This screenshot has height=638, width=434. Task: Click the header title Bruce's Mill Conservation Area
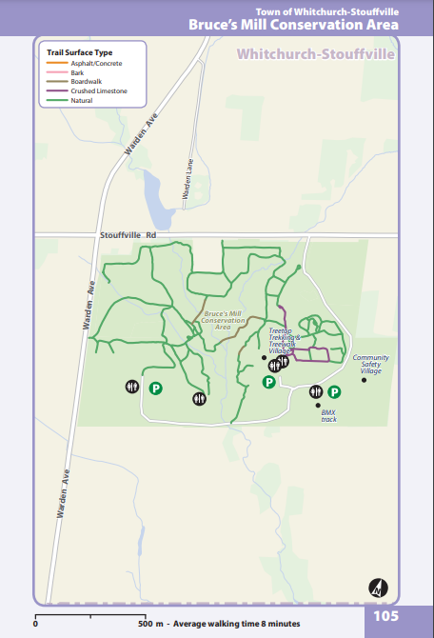306,24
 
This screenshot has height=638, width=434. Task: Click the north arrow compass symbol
378,588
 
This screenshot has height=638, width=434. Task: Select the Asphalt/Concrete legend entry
91,62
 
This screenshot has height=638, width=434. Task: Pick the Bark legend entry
79,71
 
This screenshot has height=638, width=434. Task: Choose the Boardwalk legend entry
87,81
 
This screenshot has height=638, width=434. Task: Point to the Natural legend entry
82,100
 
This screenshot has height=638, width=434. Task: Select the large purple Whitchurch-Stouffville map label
315,55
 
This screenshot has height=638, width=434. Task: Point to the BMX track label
328,415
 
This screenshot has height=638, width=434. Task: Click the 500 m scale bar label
149,624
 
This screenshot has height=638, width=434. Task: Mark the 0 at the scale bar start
35,624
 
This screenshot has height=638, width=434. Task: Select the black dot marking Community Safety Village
364,380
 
